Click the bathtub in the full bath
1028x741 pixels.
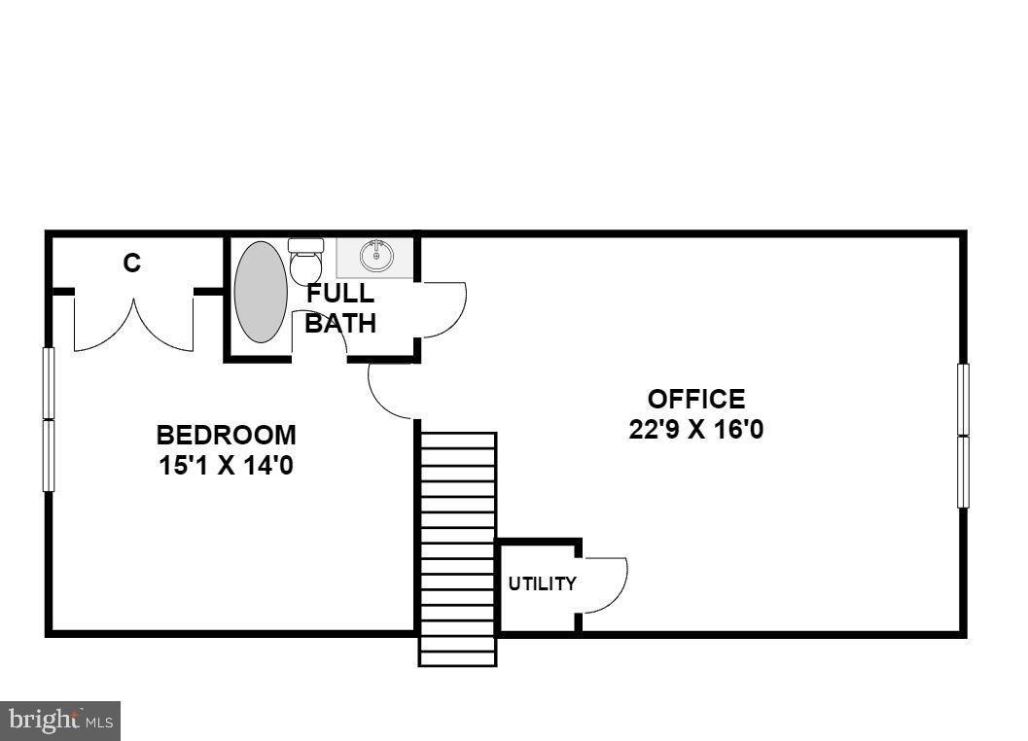click(261, 292)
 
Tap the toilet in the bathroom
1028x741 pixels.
click(306, 261)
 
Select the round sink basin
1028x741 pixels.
click(376, 257)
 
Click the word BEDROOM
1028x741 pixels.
click(226, 435)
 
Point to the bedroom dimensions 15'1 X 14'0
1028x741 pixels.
click(226, 466)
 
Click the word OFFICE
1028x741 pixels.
click(696, 399)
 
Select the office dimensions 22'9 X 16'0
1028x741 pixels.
click(696, 429)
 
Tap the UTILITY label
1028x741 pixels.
click(542, 583)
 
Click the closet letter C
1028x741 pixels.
click(131, 263)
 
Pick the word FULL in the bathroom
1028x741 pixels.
click(339, 295)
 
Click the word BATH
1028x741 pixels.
click(340, 324)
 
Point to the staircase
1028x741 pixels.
click(457, 549)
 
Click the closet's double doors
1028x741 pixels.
click(133, 326)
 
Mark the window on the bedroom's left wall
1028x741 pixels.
click(49, 419)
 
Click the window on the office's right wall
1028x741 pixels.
click(963, 436)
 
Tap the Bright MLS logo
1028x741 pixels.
click(60, 721)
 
